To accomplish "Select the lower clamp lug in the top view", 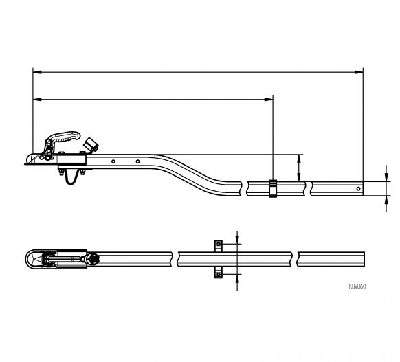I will (x=218, y=274).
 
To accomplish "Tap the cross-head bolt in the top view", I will (x=93, y=260).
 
